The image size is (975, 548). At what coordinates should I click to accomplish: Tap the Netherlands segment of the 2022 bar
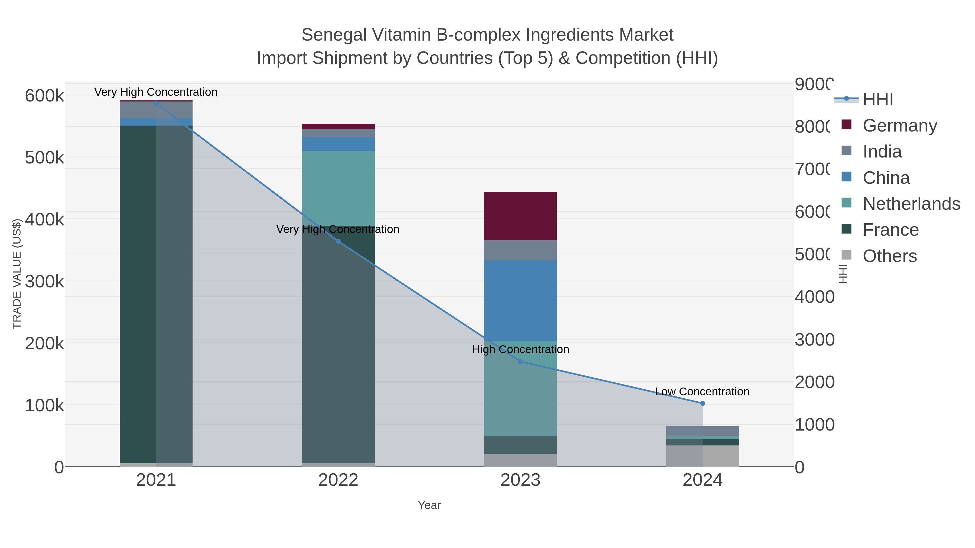338,188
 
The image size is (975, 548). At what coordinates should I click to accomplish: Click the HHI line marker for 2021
156,103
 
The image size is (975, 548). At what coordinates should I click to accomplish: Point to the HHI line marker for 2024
703,403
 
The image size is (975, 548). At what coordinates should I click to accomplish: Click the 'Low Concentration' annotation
702,391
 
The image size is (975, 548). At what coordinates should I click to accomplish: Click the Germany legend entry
899,126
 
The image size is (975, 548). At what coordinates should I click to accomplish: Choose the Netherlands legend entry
911,204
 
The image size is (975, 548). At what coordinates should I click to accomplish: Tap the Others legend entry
889,256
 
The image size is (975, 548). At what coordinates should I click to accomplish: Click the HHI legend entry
877,100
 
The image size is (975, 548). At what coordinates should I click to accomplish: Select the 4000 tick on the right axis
814,297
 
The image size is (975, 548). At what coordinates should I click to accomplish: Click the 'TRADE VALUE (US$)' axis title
17,274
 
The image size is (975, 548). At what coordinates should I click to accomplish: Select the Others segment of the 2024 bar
703,456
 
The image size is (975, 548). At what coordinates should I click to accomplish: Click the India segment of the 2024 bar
703,431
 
